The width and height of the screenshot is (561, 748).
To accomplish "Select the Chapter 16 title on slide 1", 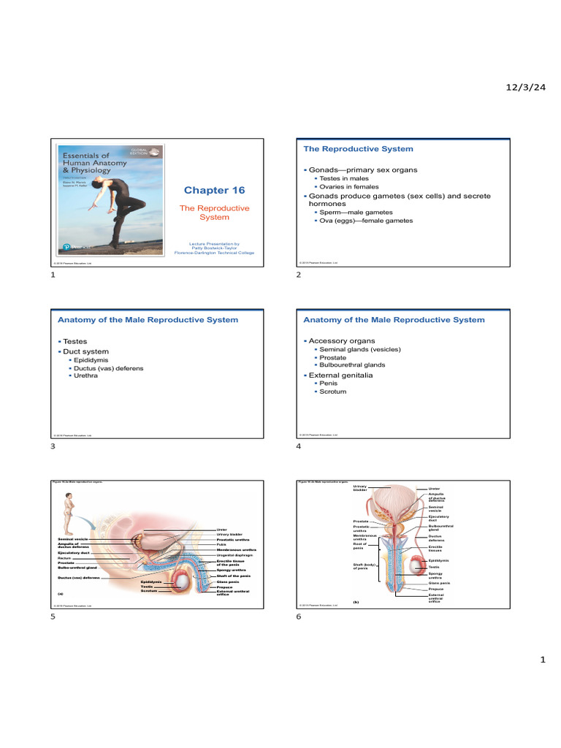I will pos(214,191).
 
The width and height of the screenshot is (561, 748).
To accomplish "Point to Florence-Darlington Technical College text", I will pos(214,253).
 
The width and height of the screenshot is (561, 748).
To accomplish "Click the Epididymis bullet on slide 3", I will pos(93,360).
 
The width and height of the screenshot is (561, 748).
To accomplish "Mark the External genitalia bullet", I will pos(340,375).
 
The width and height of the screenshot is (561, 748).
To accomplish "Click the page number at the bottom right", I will pos(542,660).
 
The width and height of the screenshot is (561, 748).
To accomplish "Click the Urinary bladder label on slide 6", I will pos(361,488).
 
